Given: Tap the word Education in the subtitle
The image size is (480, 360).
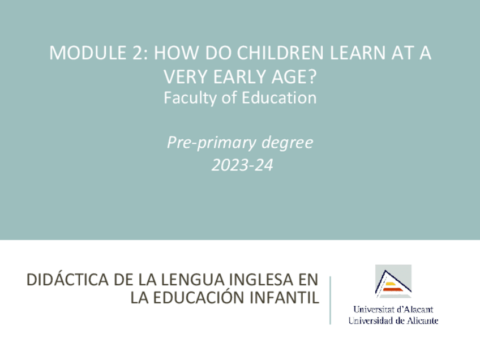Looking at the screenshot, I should [278, 98].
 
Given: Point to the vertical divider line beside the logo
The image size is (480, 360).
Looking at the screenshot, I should [330, 299].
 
